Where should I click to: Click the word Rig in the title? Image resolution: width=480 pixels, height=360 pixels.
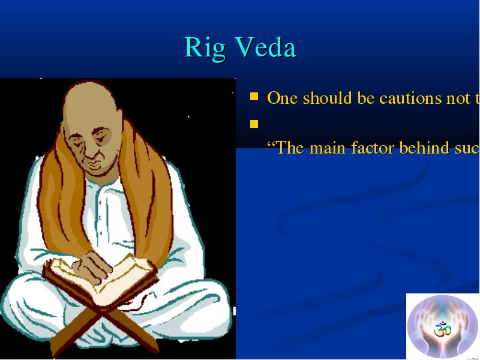tap(205, 48)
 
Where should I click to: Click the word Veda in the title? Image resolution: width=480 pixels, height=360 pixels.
tap(266, 47)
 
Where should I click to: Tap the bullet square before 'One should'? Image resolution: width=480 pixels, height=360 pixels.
tap(254, 97)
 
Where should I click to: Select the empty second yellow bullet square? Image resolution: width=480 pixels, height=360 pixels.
tap(254, 124)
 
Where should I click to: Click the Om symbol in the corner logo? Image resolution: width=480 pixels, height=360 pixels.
tap(443, 329)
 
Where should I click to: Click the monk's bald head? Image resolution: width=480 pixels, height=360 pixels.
tap(91, 101)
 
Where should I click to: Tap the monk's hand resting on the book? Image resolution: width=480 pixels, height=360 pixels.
tap(91, 265)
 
